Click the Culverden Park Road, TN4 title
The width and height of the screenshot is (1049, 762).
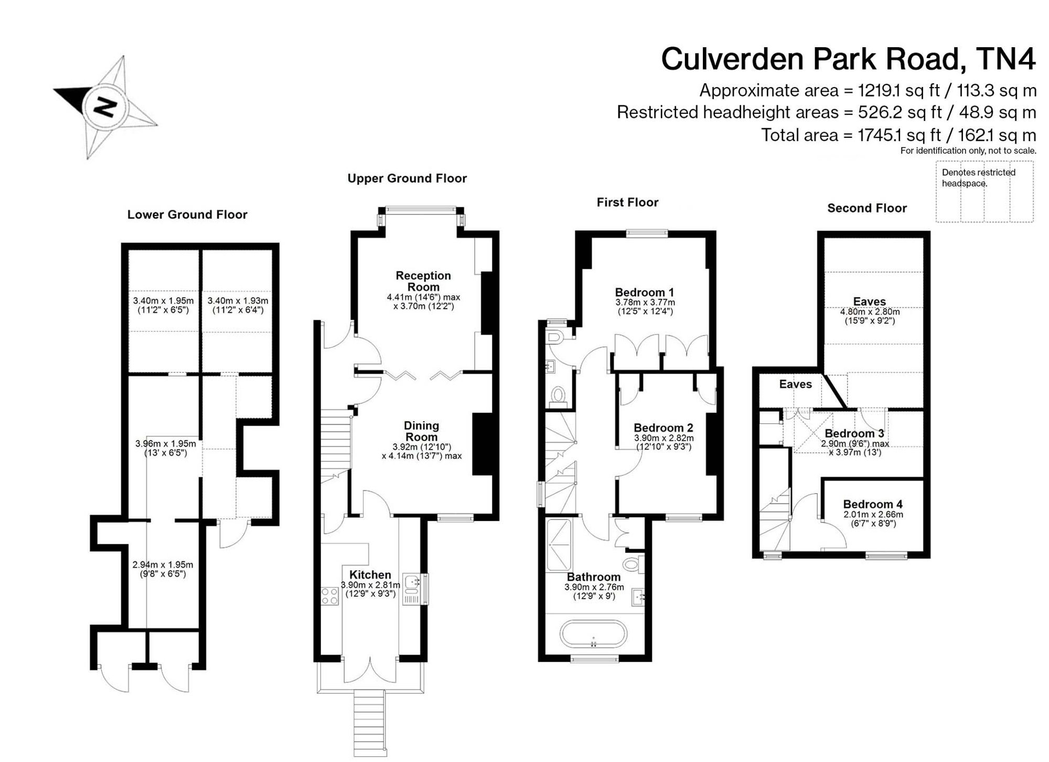click(x=849, y=59)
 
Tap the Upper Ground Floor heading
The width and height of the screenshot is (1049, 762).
click(x=407, y=178)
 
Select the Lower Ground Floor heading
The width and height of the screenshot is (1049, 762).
click(x=187, y=214)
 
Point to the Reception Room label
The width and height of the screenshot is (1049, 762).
click(x=423, y=281)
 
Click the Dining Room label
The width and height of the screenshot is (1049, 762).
click(x=422, y=431)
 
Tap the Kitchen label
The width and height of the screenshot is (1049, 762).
click(x=370, y=575)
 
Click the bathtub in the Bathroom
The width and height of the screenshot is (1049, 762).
click(x=593, y=635)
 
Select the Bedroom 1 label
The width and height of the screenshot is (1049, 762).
click(x=645, y=292)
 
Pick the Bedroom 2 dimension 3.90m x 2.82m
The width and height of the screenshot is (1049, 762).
click(x=663, y=438)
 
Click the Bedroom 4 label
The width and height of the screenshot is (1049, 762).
click(x=873, y=504)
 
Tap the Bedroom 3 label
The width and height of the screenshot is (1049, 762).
click(x=854, y=433)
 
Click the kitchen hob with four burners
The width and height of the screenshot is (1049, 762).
click(x=330, y=596)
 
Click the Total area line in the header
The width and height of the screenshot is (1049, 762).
click(x=898, y=135)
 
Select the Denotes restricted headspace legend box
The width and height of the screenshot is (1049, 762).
click(x=984, y=192)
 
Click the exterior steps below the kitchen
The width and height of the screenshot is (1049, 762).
click(x=370, y=723)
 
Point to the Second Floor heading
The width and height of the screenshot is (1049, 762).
click(x=867, y=208)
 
